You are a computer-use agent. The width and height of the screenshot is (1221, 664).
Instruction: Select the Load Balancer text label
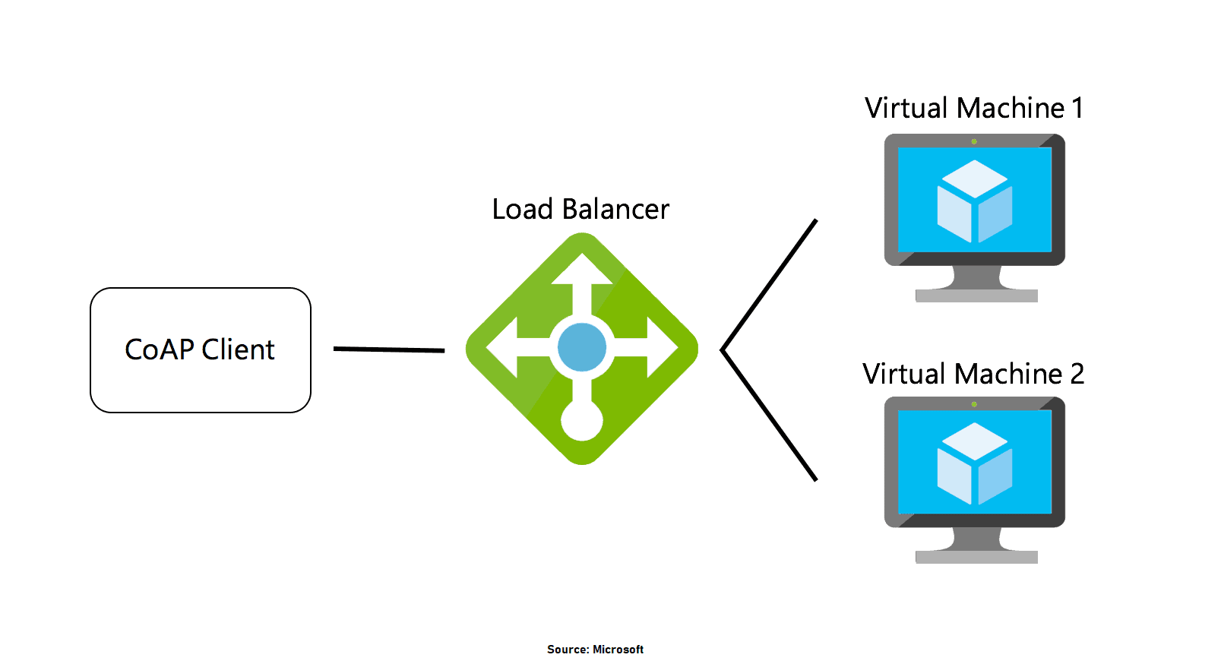click(580, 210)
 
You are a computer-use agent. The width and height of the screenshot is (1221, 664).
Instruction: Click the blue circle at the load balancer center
click(581, 347)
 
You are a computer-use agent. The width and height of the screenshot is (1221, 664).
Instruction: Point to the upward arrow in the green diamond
click(582, 270)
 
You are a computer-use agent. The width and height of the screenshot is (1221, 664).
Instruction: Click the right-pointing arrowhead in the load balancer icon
click(662, 348)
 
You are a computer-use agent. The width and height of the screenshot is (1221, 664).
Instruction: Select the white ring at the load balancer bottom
click(582, 420)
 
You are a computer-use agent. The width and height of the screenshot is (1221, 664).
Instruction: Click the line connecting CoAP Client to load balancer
click(389, 349)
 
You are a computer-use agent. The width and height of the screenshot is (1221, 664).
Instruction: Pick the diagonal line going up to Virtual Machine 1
click(769, 285)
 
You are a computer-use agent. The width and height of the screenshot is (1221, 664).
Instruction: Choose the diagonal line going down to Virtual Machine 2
click(769, 415)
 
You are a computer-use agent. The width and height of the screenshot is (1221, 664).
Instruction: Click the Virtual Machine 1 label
click(973, 109)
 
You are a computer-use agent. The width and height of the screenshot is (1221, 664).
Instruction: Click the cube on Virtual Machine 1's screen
click(975, 201)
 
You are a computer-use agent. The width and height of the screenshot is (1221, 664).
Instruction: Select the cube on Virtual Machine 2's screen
click(975, 463)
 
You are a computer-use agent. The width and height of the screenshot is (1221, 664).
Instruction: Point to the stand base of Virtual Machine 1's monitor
click(976, 296)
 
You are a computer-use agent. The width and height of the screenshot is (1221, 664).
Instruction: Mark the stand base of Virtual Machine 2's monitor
click(976, 558)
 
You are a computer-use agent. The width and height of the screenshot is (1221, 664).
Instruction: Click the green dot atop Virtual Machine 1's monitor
click(974, 141)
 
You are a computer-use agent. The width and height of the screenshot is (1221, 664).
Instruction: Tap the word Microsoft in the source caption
click(618, 650)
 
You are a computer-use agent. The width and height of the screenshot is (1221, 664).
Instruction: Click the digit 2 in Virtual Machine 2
click(1077, 375)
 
